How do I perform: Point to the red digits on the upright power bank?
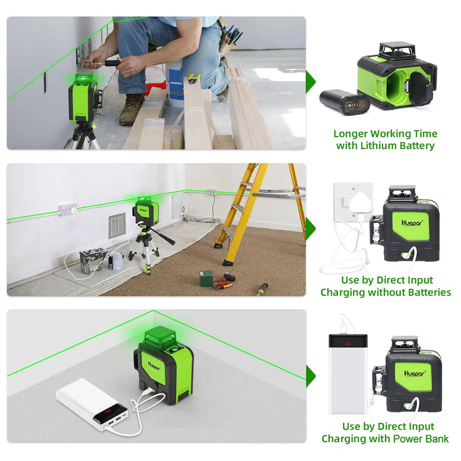coord(348,343)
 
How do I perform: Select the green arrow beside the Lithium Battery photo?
coord(310,81)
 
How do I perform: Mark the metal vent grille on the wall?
coord(117,226)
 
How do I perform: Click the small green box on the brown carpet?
coord(207,278)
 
